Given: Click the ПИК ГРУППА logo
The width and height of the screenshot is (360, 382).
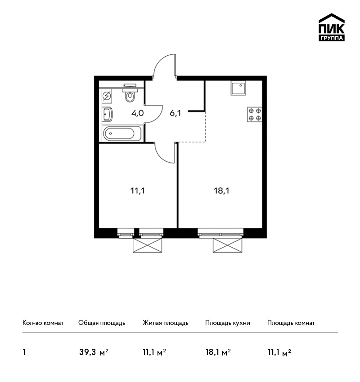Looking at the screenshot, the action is click(332, 27).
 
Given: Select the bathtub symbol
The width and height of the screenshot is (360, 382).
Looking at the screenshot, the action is click(122, 133).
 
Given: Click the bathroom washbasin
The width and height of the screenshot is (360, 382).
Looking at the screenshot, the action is click(107, 114).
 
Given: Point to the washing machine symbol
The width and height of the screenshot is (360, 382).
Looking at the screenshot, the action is click(107, 96).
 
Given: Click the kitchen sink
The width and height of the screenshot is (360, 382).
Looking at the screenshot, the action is click(238, 88).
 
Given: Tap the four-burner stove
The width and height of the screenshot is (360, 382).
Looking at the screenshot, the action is click(255, 115).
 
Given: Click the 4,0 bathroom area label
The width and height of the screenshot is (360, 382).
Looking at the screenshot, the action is click(138, 113).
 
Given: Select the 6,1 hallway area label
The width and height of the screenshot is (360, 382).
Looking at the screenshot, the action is click(175, 113).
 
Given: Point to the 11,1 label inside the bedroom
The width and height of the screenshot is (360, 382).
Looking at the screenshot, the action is click(138, 191).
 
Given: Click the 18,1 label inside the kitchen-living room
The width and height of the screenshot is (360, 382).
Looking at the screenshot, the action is click(221, 191).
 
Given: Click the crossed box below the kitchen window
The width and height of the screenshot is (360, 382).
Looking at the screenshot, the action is click(228, 245).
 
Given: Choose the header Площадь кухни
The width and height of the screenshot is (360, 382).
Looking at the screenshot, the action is click(228, 323).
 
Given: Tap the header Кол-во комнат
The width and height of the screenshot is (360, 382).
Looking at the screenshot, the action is click(43, 323).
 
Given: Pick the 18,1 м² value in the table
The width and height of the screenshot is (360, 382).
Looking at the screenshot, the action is click(218, 352).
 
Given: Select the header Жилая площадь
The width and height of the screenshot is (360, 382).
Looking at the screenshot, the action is click(166, 323).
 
